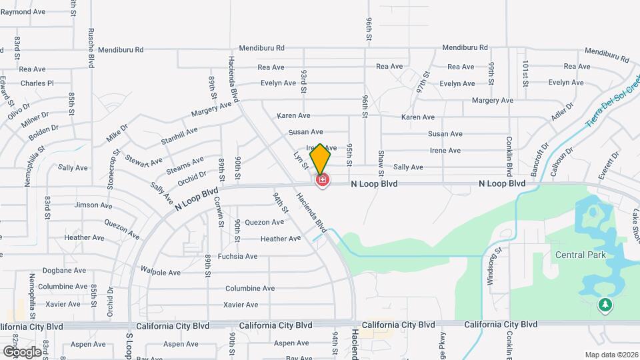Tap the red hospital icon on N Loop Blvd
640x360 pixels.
(323, 180)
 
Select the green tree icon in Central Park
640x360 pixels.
(605, 305)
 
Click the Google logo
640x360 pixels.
(22, 351)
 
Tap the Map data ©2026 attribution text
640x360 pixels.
(611, 355)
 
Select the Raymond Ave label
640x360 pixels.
(23, 12)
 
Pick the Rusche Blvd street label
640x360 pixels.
(91, 48)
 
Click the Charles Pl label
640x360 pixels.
(37, 83)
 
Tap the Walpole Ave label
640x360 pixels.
(161, 272)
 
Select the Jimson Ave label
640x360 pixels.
(93, 205)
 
